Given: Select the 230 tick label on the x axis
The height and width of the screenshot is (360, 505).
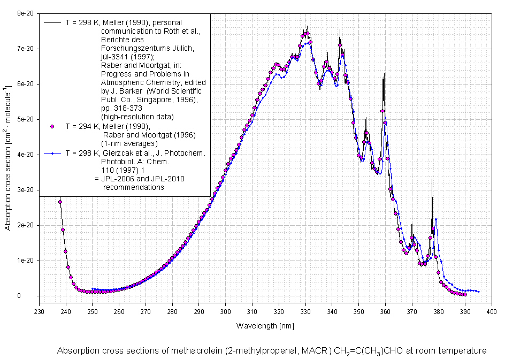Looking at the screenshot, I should tap(39, 311).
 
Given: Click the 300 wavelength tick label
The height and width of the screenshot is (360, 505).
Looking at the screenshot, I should tap(225, 311).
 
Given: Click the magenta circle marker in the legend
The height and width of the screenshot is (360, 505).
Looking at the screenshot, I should tap(52, 127).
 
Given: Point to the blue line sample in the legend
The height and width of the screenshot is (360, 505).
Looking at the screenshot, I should tap(52, 153).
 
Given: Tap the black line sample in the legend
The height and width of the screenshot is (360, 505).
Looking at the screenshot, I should tap(52, 23).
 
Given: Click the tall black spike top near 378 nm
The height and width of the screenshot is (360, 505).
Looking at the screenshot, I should tap(432, 180).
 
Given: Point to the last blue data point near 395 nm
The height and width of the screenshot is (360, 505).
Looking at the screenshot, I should tap(478, 292).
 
